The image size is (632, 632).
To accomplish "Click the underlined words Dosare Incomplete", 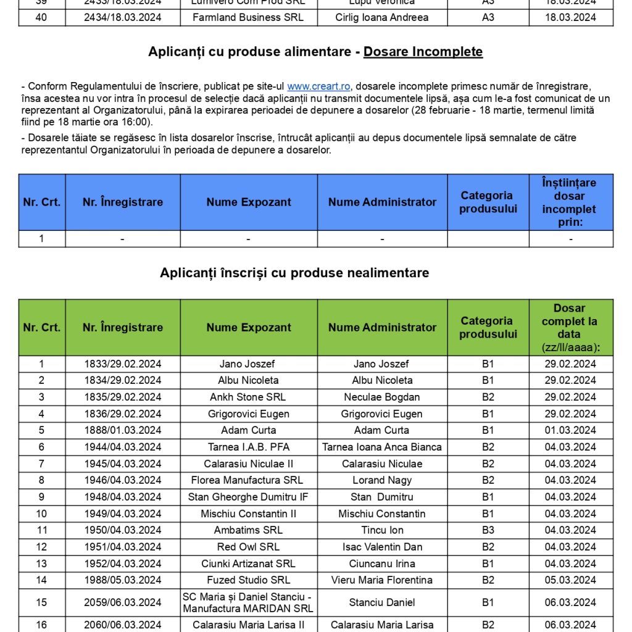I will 423,52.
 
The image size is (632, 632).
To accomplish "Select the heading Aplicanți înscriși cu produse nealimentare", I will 294,272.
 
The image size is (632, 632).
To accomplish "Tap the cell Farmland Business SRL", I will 248,17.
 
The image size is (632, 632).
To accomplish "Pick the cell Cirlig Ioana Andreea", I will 382,17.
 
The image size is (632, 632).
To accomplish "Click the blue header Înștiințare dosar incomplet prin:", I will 570,202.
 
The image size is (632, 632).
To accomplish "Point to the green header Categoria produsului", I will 488,327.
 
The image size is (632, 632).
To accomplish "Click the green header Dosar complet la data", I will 570,327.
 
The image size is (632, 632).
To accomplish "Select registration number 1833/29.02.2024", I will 123,364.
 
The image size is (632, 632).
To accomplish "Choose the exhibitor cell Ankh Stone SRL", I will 248,397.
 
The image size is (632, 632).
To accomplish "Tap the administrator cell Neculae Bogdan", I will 382,397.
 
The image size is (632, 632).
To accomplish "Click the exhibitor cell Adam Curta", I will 248,430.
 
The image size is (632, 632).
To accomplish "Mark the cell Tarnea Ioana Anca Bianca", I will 382,447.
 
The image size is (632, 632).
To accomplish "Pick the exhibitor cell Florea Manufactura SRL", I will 248,480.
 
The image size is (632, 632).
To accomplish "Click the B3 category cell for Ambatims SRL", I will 488,530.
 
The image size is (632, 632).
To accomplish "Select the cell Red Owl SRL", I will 248,547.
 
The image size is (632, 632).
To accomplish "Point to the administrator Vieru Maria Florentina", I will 382,580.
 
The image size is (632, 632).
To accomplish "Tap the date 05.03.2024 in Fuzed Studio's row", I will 570,580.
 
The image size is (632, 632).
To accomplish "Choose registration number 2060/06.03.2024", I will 123,625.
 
